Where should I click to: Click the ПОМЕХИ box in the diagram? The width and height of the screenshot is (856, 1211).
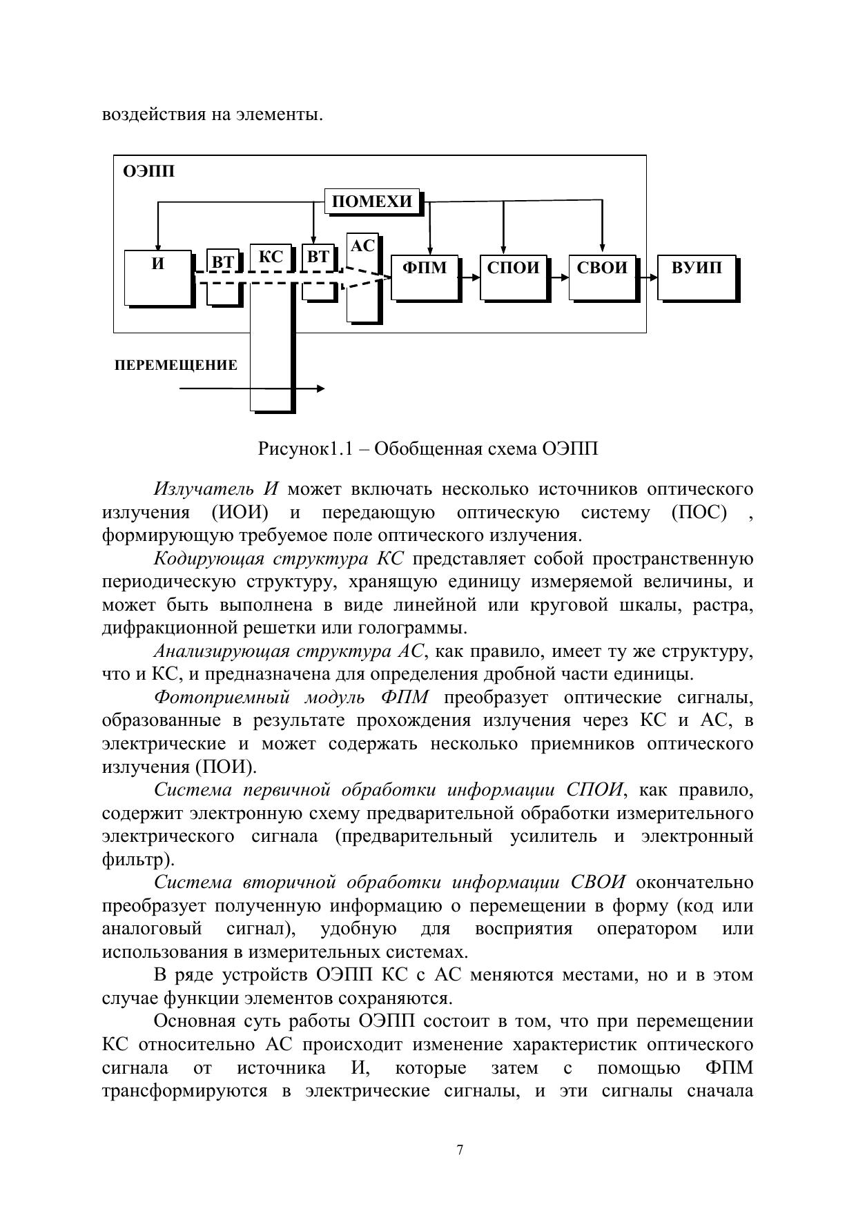(x=372, y=201)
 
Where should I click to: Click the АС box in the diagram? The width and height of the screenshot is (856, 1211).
(x=362, y=246)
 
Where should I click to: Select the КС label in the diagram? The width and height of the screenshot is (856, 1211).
(x=271, y=257)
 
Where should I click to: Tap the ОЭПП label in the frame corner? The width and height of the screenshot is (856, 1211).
(x=148, y=172)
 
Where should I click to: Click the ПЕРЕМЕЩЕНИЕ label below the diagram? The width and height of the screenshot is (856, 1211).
(x=176, y=366)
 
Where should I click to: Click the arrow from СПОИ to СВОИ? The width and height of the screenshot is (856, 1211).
(x=560, y=277)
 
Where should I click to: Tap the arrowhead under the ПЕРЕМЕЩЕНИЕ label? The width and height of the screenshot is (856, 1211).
(x=320, y=388)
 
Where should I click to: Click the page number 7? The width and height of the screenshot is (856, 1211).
(x=460, y=1149)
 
